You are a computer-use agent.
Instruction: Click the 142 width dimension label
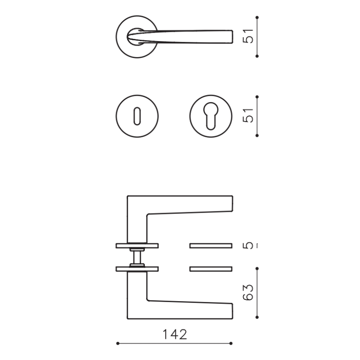click(175, 334)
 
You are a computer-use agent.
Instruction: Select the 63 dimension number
click(248, 292)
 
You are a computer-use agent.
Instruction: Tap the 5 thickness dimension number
click(248, 245)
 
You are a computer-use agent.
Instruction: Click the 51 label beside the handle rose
click(248, 36)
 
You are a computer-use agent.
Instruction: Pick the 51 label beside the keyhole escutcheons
click(248, 115)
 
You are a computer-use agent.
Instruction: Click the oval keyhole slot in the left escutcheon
click(137, 116)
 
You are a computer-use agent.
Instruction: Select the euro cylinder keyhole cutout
click(211, 116)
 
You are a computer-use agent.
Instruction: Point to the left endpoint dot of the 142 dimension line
click(118, 343)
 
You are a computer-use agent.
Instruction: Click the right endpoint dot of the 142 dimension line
click(231, 343)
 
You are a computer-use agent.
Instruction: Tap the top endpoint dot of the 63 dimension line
click(257, 269)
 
